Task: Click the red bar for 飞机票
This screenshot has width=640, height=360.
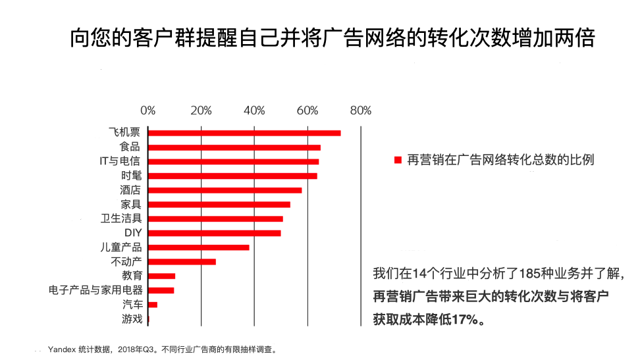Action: click(244, 133)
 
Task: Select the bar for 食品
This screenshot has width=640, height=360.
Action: click(234, 147)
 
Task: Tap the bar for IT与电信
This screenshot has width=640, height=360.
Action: click(234, 161)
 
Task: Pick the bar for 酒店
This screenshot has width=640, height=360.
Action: click(225, 190)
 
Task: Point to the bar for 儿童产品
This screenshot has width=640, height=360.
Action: click(199, 247)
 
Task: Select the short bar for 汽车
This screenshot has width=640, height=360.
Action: click(153, 305)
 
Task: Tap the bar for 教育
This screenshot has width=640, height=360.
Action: click(162, 276)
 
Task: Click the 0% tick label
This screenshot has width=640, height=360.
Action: click(148, 111)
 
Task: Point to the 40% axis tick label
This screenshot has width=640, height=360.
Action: click(254, 111)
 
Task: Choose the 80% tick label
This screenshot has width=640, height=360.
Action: click(360, 111)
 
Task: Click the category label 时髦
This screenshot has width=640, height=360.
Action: click(131, 176)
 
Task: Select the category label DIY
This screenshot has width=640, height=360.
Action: click(133, 233)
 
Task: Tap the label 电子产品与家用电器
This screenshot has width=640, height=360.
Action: click(95, 290)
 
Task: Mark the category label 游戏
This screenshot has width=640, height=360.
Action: click(132, 319)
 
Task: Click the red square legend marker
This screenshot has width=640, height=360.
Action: click(397, 160)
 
